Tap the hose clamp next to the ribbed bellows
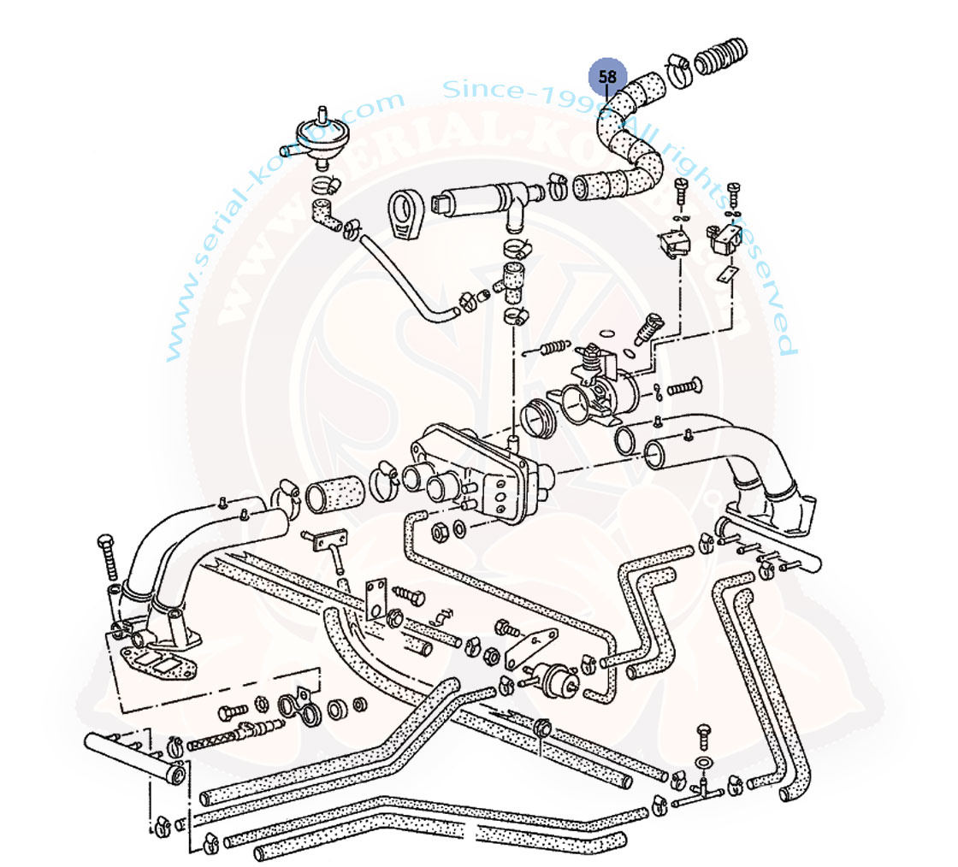click(677, 72)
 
